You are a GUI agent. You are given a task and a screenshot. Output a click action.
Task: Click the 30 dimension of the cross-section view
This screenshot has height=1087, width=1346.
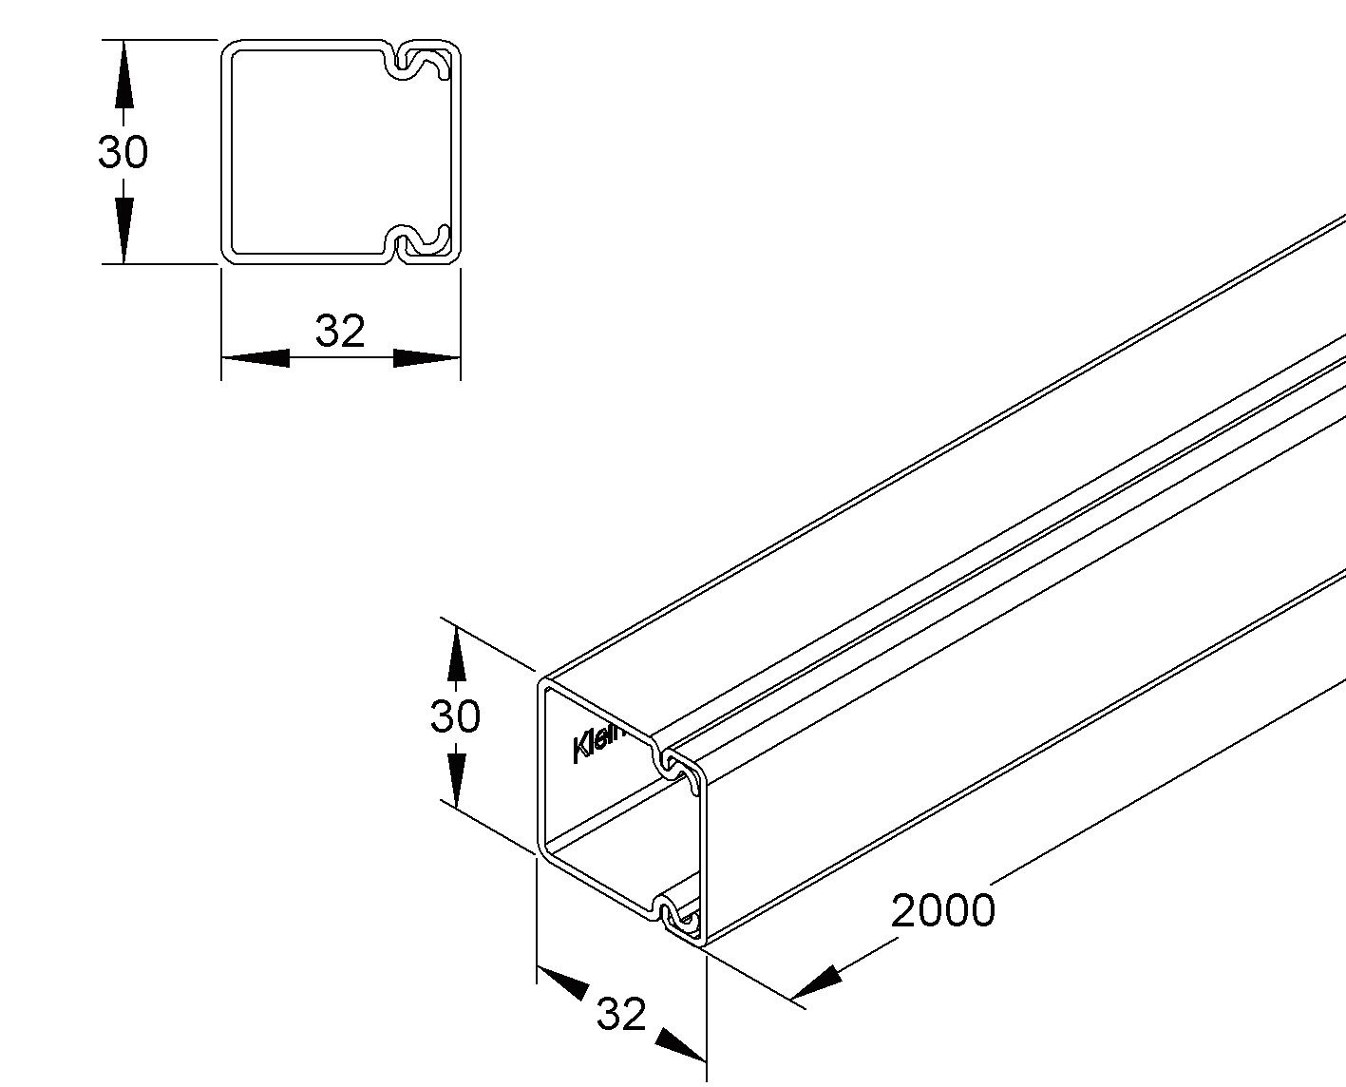pos(123,152)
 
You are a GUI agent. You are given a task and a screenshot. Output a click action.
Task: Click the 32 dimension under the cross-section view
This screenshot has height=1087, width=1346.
pos(340,331)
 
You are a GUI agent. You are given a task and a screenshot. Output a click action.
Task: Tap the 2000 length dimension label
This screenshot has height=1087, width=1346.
pos(942,910)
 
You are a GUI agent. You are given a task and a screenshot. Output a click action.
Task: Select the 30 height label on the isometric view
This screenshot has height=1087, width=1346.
pos(455,715)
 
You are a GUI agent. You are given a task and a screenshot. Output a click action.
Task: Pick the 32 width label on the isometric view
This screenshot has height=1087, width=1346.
pos(621,1014)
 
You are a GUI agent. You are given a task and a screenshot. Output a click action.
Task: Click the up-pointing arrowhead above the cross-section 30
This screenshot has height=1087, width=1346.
pos(123,76)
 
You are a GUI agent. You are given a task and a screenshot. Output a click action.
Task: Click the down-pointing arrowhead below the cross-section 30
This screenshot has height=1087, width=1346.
pos(123,228)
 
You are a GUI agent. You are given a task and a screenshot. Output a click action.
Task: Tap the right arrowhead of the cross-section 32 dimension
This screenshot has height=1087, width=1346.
pos(427,358)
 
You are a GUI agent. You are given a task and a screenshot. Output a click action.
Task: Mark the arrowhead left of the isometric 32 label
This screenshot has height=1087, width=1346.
pos(562,982)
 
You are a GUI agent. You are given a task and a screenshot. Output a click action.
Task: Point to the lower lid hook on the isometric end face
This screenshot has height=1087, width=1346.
pos(676,916)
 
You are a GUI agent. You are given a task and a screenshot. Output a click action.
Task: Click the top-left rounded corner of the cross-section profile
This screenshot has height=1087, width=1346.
pos(229,48)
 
